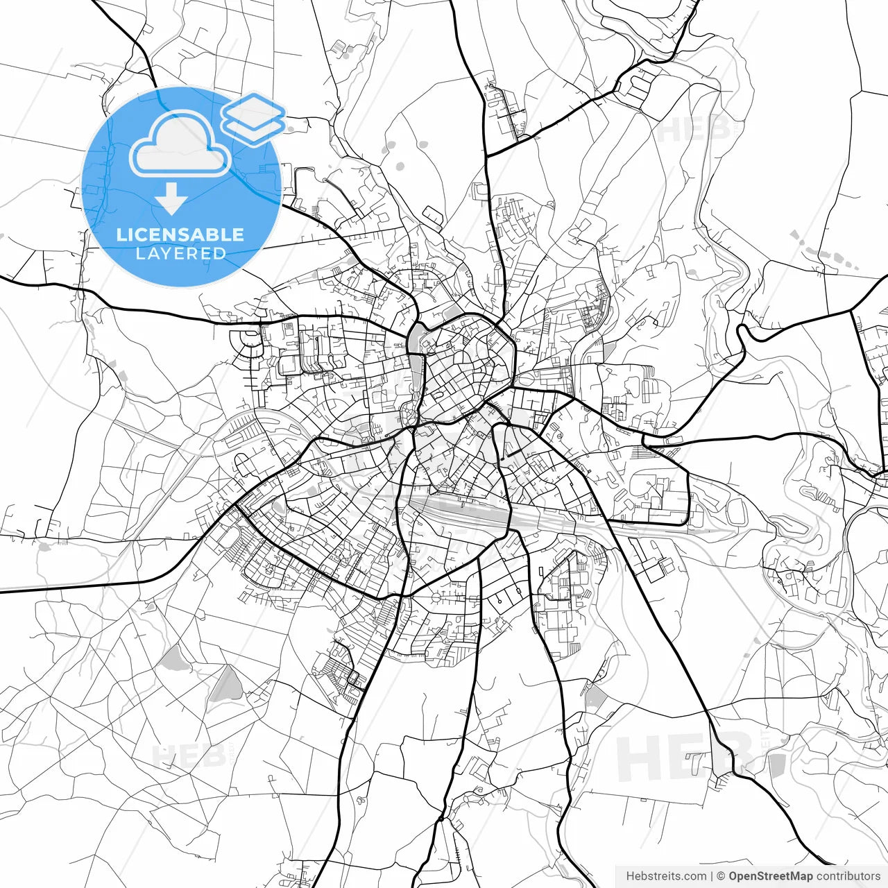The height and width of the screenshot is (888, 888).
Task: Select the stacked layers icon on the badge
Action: coord(254,118)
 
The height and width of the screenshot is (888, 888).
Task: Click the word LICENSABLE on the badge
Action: coord(180,234)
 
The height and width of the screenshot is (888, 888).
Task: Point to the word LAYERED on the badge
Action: coord(180,254)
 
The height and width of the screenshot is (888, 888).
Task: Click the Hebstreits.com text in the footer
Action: coord(666,876)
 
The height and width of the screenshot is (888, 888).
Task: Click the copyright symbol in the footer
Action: coord(721,876)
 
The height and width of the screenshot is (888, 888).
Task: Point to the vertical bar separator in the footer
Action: coord(712,876)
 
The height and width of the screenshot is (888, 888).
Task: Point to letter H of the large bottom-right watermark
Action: coord(638,758)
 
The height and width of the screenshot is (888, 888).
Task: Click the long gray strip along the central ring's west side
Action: coord(416,375)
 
